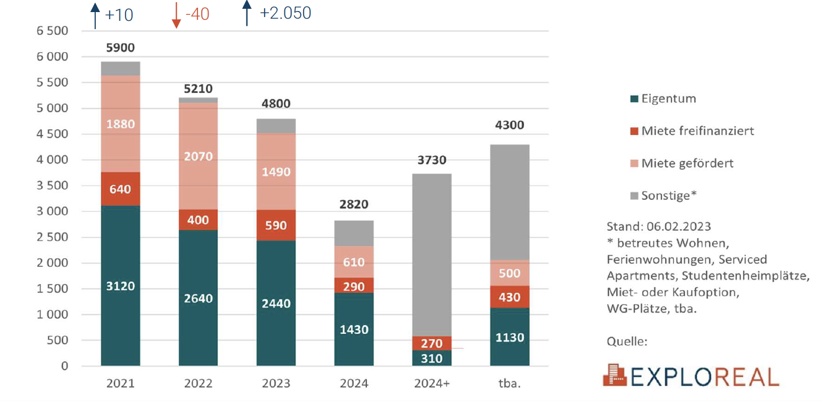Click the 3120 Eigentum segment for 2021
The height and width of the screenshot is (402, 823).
coord(120,286)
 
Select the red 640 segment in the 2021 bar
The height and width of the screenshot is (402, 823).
coord(120,189)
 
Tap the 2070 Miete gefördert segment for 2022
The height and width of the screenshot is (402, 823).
coord(198,157)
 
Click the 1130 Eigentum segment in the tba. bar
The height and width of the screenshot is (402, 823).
coord(509,337)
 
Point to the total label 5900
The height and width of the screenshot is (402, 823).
coord(120,48)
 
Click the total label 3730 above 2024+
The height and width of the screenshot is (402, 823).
coord(431,160)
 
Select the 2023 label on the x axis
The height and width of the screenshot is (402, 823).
coord(276,383)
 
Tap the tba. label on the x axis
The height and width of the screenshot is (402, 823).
coord(509,383)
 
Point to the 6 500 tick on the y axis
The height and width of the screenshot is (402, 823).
coord(52,31)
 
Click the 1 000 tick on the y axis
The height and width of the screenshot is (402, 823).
coord(52,315)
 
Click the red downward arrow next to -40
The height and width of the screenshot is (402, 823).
coord(176,16)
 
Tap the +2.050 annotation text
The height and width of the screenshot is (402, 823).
coord(286,13)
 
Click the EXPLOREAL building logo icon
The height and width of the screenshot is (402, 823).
coord(615,375)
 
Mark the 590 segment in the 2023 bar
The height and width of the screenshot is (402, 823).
coord(276,226)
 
